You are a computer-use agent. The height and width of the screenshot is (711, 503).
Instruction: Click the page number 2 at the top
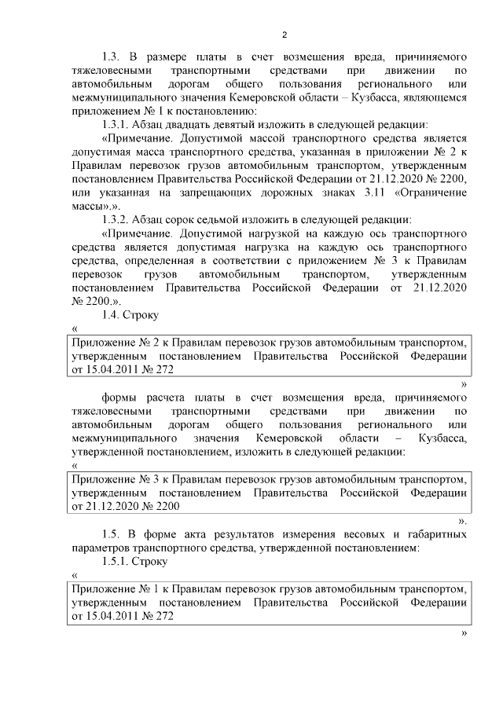pyautogui.click(x=285, y=35)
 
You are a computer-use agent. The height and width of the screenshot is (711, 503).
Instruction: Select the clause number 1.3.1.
pyautogui.click(x=116, y=124)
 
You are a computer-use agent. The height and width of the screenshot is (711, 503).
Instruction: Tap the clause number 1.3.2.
pyautogui.click(x=116, y=218)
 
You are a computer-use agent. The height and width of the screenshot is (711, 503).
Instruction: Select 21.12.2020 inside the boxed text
pyautogui.click(x=112, y=507)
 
